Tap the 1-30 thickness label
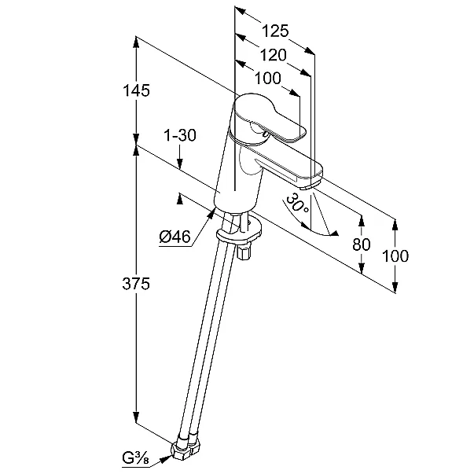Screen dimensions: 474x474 coord(179,135)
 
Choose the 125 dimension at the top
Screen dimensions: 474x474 coord(275,31)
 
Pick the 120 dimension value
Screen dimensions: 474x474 coord(272,54)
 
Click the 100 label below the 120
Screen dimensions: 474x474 coord(268,78)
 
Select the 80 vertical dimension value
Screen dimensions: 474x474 coord(361,244)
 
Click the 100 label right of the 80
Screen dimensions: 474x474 coord(395,255)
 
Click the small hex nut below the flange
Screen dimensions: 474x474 coord(244,255)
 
